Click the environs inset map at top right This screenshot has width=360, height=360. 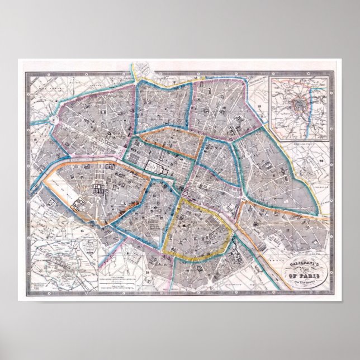pos(301,108)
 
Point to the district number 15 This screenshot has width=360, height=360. pos(81,230)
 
